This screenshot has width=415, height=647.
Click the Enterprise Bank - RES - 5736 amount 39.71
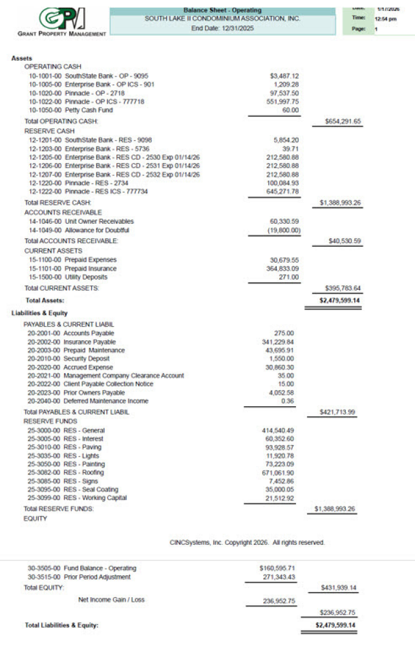(x=290, y=148)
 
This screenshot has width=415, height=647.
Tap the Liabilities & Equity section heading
(x=39, y=313)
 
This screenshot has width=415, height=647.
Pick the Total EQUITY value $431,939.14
(x=339, y=587)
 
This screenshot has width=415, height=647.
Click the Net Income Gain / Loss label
(x=111, y=600)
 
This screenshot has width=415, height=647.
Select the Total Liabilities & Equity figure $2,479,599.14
(x=335, y=626)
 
